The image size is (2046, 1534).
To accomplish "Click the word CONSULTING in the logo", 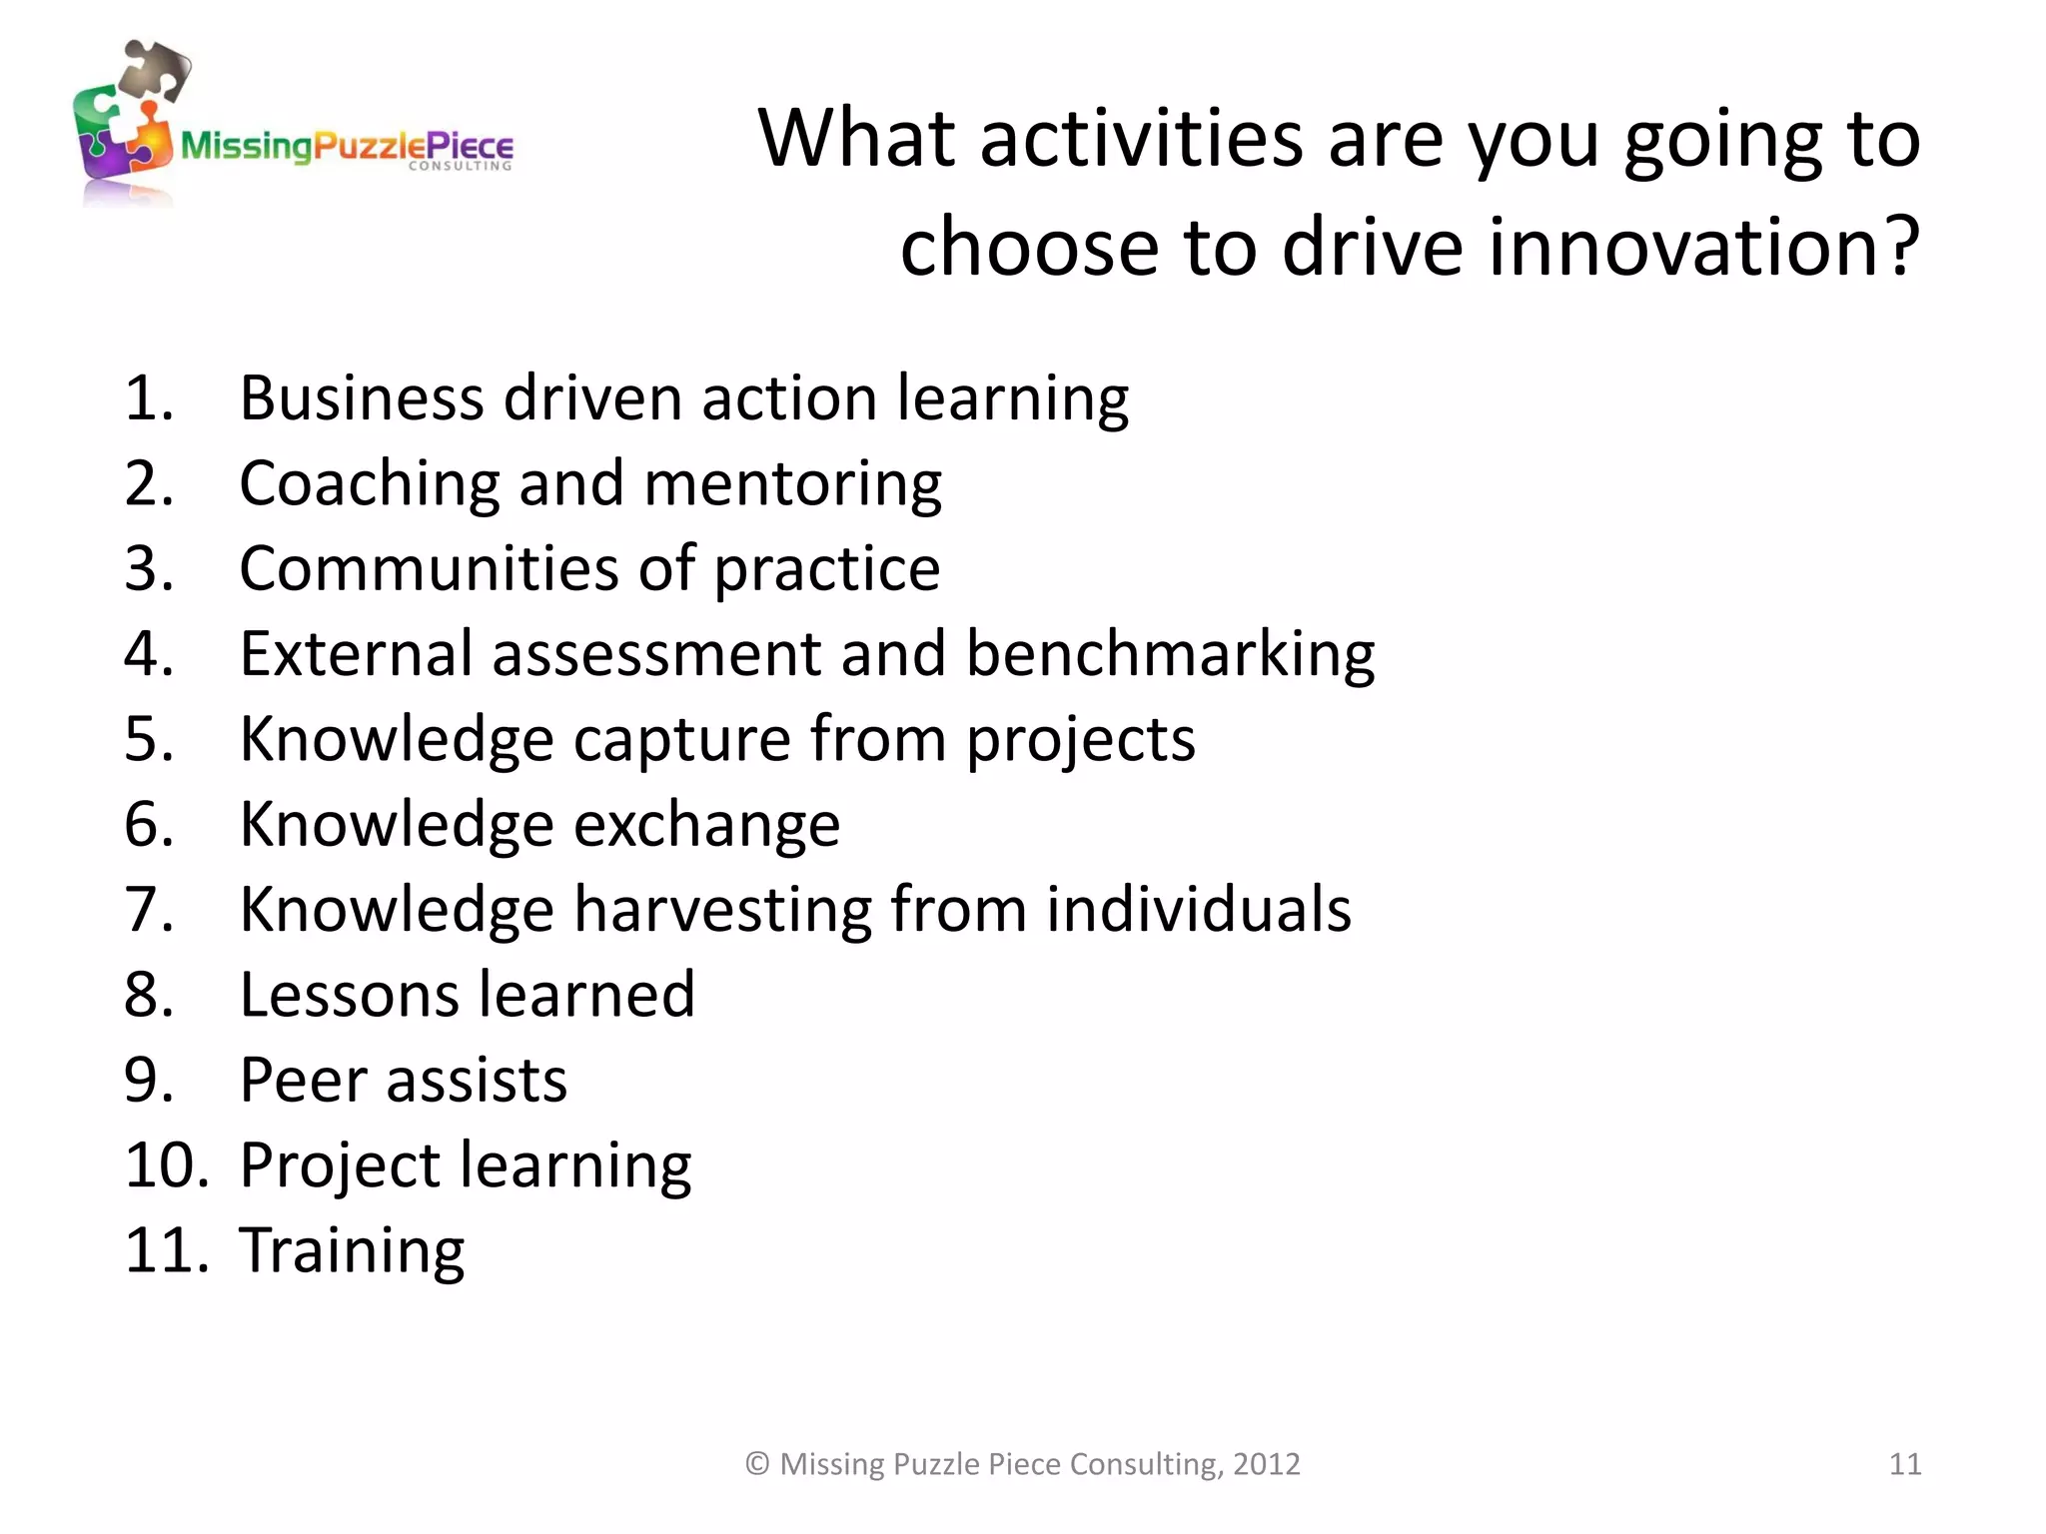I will point(460,167).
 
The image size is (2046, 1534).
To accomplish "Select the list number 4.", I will point(149,654).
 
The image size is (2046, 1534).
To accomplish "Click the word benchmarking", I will point(1170,654).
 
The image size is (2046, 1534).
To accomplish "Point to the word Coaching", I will point(369,484).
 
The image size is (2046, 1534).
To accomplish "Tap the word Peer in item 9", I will point(304,1080).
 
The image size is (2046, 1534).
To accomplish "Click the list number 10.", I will point(166,1165).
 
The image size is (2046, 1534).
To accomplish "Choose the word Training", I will point(352,1250).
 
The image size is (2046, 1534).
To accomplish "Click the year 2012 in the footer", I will point(1266,1464).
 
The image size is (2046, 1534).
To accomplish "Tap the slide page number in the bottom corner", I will point(1904,1464).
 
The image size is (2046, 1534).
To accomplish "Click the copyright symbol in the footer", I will point(757,1464).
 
